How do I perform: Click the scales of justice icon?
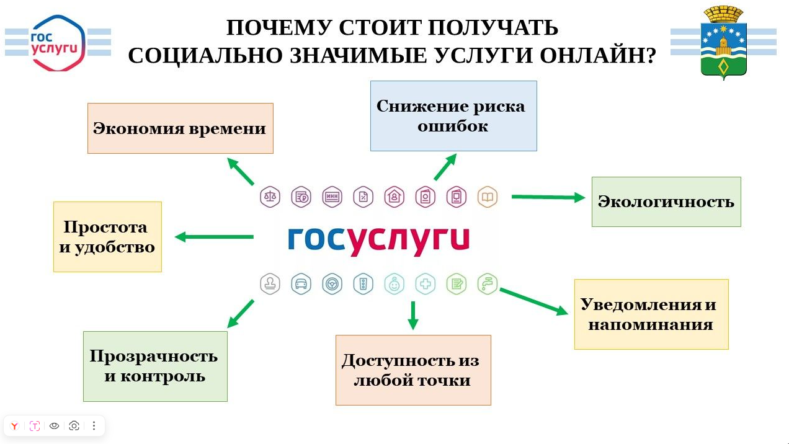270,197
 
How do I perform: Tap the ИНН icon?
332,197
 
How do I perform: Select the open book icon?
488,197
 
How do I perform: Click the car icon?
301,284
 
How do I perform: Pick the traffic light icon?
363,284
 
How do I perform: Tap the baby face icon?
394,284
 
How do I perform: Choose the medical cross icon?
426,284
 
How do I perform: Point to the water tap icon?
488,284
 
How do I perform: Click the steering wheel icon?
332,284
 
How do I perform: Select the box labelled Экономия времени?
180,128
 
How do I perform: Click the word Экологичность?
666,202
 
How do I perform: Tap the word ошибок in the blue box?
453,127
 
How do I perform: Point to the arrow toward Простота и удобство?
214,237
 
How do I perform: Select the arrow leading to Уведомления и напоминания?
533,301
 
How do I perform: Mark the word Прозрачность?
153,356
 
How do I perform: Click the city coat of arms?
723,42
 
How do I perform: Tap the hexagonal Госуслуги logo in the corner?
58,42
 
